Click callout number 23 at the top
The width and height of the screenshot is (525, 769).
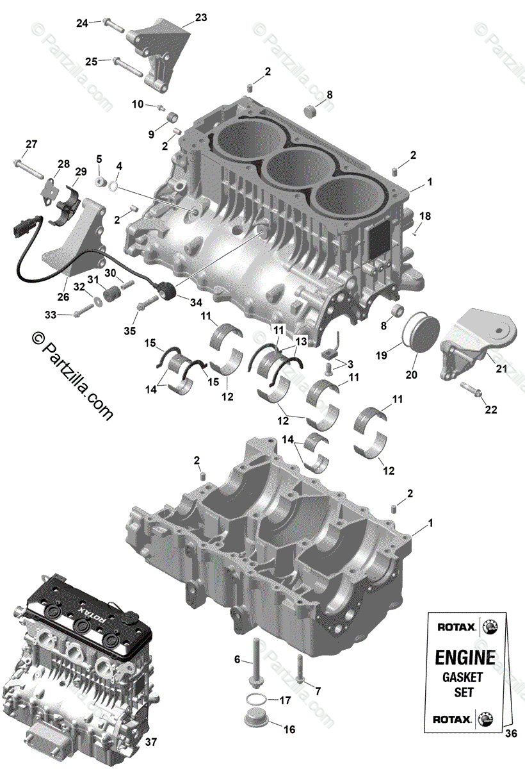click(x=201, y=18)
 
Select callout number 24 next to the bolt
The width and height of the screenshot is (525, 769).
click(x=83, y=24)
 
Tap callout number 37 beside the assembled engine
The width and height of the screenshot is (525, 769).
click(x=150, y=742)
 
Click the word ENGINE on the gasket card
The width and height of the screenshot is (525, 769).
click(x=465, y=657)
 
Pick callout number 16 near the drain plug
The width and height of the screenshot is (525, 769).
click(x=289, y=729)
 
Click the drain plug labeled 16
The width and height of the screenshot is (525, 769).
click(x=257, y=719)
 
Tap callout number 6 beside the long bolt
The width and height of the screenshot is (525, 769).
click(x=237, y=659)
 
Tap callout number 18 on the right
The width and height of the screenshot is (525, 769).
click(x=425, y=216)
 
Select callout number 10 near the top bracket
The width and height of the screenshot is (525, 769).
click(x=138, y=104)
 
